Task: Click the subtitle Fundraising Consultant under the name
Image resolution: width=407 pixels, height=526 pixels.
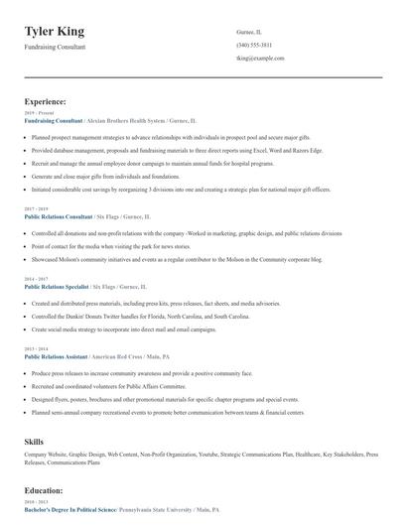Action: point(56,47)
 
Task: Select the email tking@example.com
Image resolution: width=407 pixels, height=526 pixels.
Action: point(261,59)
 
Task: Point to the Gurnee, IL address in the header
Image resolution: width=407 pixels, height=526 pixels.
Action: point(249,32)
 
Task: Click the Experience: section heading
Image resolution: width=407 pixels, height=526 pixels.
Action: point(46,101)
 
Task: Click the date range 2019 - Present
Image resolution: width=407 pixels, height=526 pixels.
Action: point(39,113)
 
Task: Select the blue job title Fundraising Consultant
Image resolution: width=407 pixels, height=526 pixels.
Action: point(54,120)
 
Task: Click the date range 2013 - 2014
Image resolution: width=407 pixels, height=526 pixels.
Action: point(37,349)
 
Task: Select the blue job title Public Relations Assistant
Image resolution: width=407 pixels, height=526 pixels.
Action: point(56,356)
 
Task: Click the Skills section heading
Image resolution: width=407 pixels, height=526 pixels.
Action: point(35,440)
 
